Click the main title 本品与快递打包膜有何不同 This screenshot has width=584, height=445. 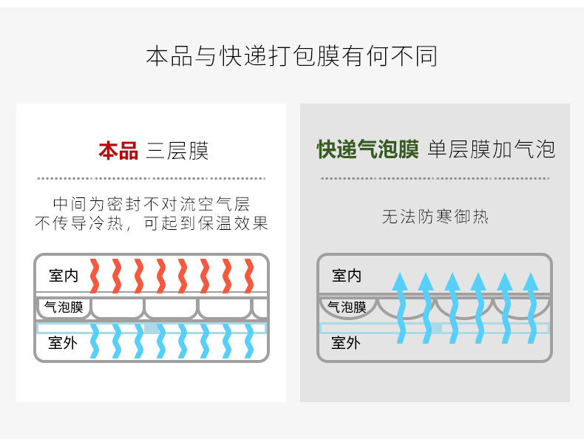291,56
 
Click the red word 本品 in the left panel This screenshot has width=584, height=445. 118,151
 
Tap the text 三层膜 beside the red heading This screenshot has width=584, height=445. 177,151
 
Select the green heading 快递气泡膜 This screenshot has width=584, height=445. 367,150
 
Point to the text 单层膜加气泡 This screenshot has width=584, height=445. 491,150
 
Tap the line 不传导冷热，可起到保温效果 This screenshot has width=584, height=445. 152,223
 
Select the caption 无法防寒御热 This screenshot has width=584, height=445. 435,217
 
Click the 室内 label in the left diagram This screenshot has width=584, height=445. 64,276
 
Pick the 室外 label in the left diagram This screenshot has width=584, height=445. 64,342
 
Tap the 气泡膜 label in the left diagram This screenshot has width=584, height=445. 64,307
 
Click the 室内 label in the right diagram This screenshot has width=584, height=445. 347,276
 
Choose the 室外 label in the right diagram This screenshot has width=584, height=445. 347,342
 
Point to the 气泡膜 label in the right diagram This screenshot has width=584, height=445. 347,307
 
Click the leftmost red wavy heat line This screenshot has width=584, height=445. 95,276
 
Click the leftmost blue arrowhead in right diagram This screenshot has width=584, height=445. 399,282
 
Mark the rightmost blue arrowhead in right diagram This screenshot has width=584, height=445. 531,282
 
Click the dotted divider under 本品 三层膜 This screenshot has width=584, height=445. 151,178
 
